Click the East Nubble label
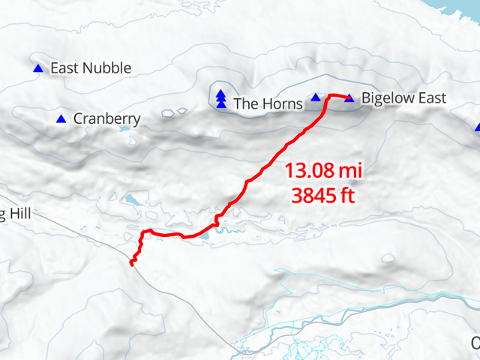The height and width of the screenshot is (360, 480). (x=90, y=68)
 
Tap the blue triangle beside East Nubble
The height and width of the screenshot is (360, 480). (x=38, y=68)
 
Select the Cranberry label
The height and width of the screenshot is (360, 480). (x=107, y=118)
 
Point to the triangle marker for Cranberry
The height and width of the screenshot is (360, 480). (x=61, y=118)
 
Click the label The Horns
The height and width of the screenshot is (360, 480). (x=268, y=103)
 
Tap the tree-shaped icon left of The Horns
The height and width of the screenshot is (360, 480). (x=220, y=97)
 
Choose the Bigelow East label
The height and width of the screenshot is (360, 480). (x=403, y=98)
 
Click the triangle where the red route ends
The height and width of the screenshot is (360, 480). (x=349, y=98)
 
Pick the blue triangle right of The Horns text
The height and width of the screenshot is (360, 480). (x=316, y=97)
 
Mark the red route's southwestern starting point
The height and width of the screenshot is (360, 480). (x=132, y=264)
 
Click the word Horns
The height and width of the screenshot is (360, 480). (x=282, y=103)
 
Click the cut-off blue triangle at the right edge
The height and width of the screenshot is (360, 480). (x=477, y=127)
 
